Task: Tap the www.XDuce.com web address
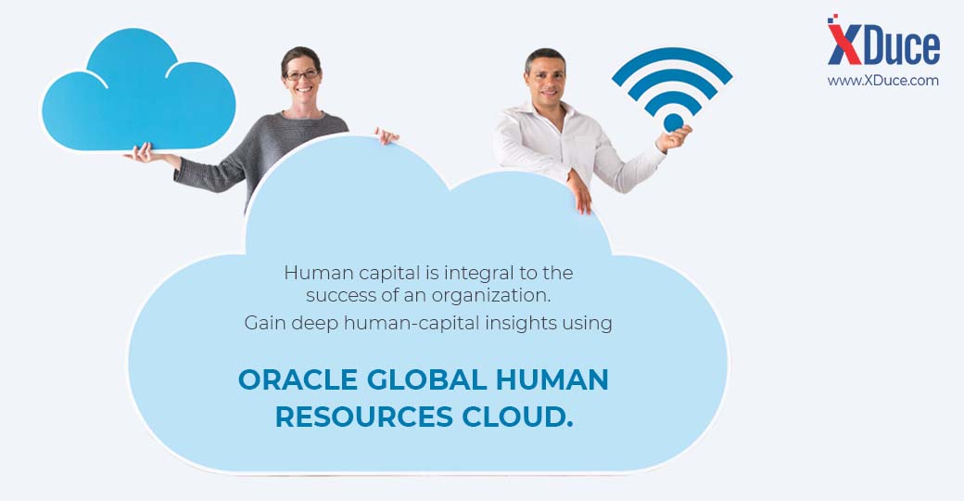882,80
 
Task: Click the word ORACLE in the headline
298,379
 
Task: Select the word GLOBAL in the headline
427,379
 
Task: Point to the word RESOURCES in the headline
364,417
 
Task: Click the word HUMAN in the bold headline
552,379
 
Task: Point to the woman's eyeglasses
302,75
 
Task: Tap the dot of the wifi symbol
673,122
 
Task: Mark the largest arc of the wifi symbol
672,60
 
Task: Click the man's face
546,78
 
